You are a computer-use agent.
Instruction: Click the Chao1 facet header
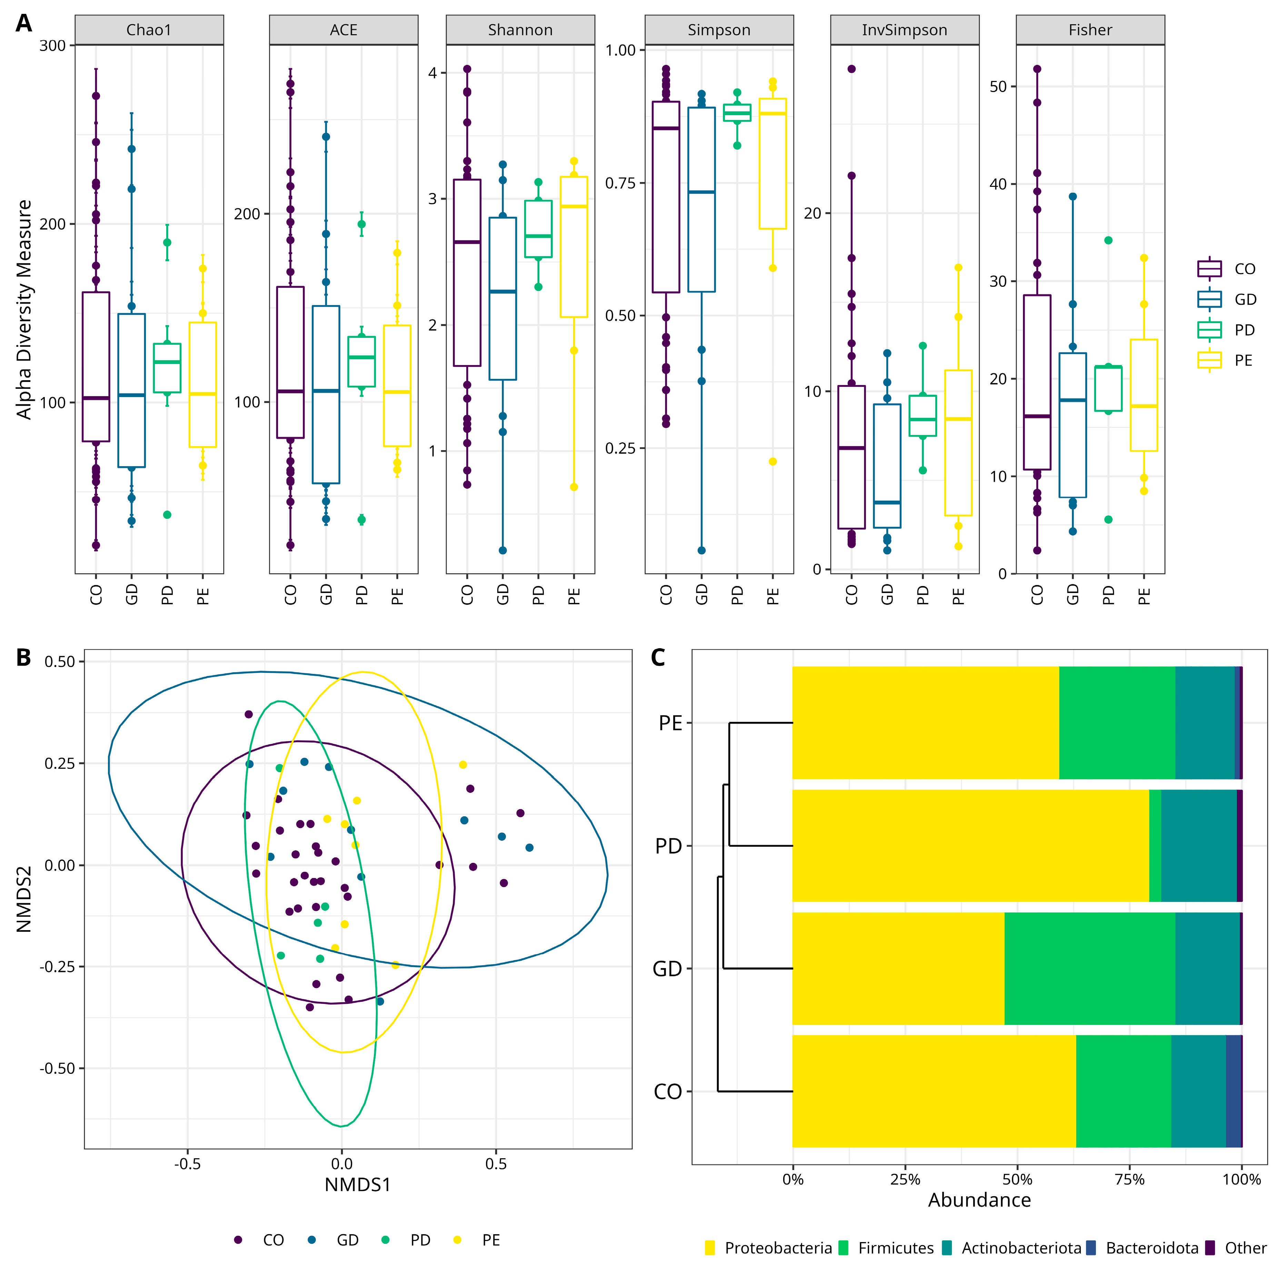coord(149,30)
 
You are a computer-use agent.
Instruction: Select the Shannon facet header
coord(520,30)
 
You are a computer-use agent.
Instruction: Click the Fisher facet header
coord(1090,30)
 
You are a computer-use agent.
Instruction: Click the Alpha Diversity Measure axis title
coord(24,310)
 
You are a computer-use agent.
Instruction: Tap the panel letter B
coord(23,658)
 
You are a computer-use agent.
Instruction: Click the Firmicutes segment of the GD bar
coord(1089,968)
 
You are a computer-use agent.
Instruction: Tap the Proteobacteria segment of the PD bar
coord(970,846)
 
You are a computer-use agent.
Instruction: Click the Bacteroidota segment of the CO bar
coord(1233,1091)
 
